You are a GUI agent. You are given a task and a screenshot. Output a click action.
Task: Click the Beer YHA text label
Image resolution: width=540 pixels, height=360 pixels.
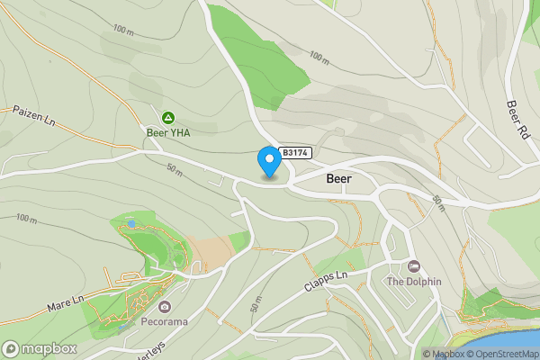pyautogui.click(x=168, y=132)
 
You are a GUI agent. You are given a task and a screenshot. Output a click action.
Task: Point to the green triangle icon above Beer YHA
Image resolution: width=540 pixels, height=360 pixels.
pyautogui.click(x=167, y=118)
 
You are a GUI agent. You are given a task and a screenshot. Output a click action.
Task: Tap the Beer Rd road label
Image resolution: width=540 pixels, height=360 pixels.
pyautogui.click(x=517, y=112)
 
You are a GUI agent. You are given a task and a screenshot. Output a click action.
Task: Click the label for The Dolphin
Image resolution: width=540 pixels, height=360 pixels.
pyautogui.click(x=414, y=281)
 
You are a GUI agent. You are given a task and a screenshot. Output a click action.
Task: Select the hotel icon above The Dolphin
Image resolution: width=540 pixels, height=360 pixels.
pyautogui.click(x=414, y=266)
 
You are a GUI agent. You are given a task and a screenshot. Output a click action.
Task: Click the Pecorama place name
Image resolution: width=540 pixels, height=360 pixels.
pyautogui.click(x=163, y=319)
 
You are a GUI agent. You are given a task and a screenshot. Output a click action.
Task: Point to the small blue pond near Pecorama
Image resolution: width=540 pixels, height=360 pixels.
pyautogui.click(x=131, y=223)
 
